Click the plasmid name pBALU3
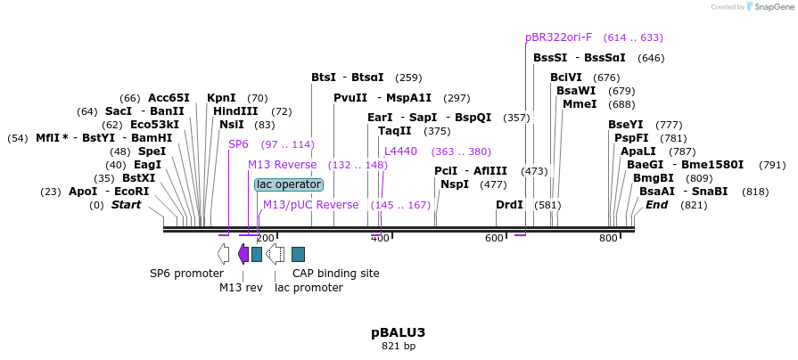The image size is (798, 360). [x=398, y=332]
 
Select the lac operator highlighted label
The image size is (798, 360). [x=288, y=184]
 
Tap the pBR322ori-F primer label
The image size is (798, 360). [x=558, y=37]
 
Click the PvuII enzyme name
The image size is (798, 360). [x=350, y=98]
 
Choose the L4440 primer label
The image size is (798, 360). [x=400, y=151]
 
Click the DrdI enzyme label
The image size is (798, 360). [x=509, y=205]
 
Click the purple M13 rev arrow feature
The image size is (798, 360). [x=243, y=254]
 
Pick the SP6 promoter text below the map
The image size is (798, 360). [x=186, y=274]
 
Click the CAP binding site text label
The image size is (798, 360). [x=336, y=274]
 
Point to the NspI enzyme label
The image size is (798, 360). [x=455, y=184]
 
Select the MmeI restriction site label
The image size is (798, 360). [x=580, y=104]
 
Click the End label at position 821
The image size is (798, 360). [x=656, y=205]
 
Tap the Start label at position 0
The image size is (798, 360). [x=126, y=205]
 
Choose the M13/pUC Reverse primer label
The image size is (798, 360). [x=310, y=205]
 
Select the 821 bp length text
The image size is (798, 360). [x=399, y=346]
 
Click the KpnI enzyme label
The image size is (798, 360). [x=221, y=98]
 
